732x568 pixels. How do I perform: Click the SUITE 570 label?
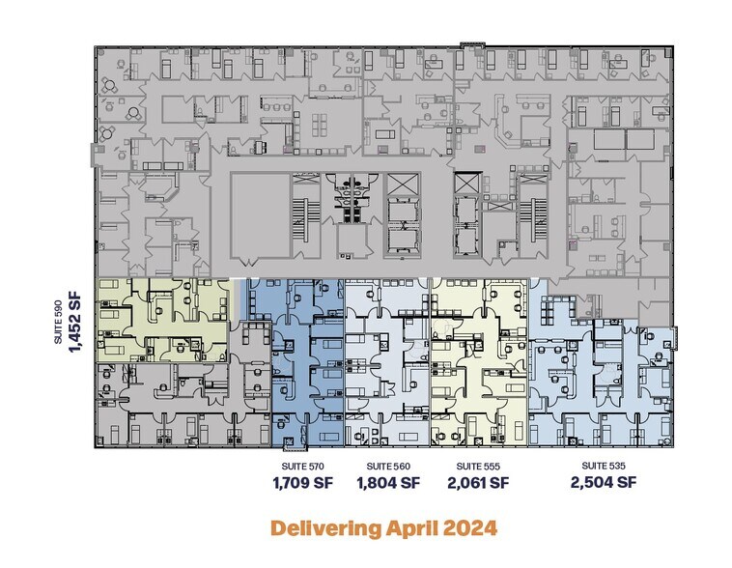coord(302,467)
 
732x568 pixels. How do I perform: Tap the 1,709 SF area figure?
coord(302,483)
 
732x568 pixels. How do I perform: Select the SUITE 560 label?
coord(388,467)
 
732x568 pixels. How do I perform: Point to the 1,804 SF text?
coord(388,483)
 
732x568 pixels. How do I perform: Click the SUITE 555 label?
coord(478,467)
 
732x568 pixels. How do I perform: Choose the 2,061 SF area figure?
coord(478,483)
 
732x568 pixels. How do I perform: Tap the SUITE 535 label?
coord(604,466)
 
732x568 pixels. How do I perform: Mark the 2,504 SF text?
coord(604,482)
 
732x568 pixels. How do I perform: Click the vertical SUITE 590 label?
coord(58,322)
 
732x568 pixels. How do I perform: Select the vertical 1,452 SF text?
coord(74,322)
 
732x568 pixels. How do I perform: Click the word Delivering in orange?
coord(325,528)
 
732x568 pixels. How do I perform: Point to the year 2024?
coord(469,527)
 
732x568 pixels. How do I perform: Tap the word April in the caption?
coord(412,528)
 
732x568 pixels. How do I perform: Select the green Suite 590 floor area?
coord(163,320)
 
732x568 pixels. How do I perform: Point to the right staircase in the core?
coord(533,211)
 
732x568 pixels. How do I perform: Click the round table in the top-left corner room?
coord(110,86)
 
